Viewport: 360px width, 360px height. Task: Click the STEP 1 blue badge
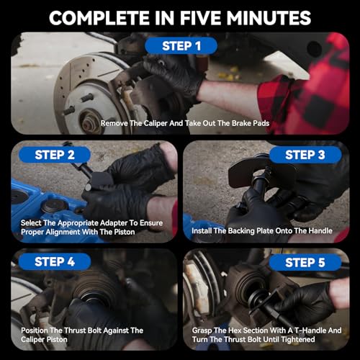181,46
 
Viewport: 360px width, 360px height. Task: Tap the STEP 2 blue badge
55,155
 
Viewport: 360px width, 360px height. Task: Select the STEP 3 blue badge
305,155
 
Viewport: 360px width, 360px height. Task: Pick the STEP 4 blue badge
55,261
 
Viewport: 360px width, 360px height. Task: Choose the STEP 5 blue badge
305,262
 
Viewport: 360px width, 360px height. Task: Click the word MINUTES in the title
269,18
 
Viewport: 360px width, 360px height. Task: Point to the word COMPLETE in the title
99,18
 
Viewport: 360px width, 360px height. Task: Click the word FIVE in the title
201,18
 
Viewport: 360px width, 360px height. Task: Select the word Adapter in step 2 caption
114,223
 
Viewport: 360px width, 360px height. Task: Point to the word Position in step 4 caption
35,330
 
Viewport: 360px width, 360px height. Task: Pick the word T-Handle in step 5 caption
310,330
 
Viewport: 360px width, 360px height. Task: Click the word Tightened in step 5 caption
298,340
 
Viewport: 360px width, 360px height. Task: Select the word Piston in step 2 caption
125,232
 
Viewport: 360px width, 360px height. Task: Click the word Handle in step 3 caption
320,231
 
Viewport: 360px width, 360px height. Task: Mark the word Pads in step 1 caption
261,123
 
